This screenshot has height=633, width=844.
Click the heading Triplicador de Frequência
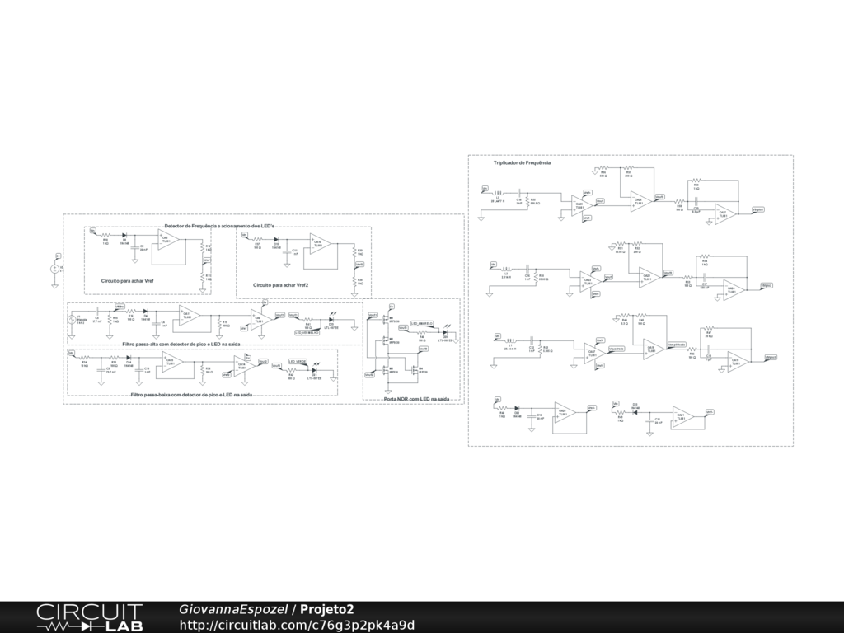coord(522,163)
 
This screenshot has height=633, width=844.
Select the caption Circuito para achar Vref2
coord(280,284)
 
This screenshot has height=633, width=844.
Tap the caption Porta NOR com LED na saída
coord(416,399)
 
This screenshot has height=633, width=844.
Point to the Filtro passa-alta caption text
coord(181,344)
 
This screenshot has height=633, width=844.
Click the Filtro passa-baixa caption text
coord(191,396)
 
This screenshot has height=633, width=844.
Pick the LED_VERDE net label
coord(298,361)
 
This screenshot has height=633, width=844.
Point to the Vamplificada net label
coord(678,343)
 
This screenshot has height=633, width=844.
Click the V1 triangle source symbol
coord(71,319)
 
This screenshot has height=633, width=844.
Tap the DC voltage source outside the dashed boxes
coord(55,268)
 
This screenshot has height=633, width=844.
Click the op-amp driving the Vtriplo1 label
coord(726,213)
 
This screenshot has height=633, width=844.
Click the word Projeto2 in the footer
coord(327,609)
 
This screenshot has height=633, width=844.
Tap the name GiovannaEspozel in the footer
coord(232,609)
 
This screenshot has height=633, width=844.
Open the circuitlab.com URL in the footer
coord(297,625)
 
